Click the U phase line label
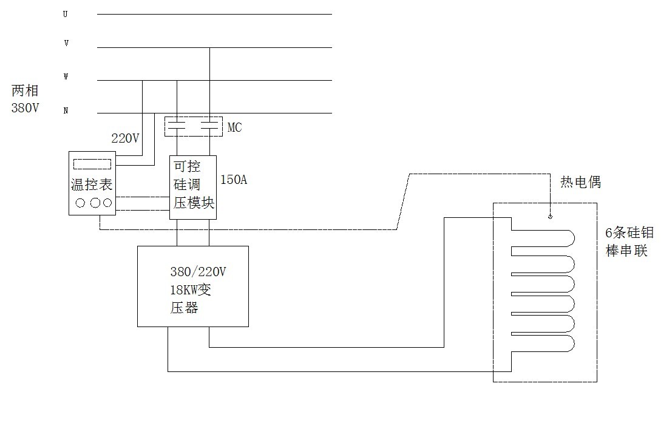(x=66, y=14)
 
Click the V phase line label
(x=66, y=44)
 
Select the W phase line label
(x=66, y=77)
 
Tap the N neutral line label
(x=66, y=110)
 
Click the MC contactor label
(x=234, y=128)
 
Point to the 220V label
(x=126, y=138)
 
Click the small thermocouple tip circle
(x=550, y=216)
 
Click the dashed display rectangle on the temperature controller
(x=92, y=164)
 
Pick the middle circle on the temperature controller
(x=94, y=203)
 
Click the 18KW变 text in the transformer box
(x=191, y=289)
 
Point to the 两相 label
(x=25, y=91)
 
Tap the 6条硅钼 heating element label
(x=630, y=232)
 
